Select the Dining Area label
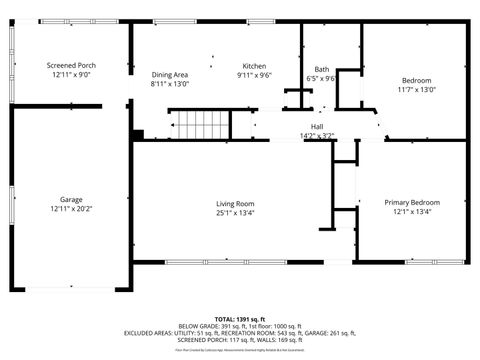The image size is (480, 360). [169, 75]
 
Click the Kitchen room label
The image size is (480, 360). [254, 65]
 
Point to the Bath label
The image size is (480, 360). [322, 69]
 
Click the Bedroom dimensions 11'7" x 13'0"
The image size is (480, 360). [417, 90]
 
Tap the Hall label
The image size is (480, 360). [317, 126]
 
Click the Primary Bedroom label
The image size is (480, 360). [412, 203]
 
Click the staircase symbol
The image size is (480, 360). [205, 126]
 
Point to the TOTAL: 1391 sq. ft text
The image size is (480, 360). [240, 317]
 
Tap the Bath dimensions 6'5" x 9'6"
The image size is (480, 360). [322, 78]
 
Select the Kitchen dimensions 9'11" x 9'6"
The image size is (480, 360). [254, 75]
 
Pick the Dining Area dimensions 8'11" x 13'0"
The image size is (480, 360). [169, 84]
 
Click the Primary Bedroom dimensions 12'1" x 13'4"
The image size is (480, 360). [412, 212]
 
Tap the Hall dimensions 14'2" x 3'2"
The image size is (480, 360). [317, 135]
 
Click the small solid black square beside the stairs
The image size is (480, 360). [139, 134]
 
